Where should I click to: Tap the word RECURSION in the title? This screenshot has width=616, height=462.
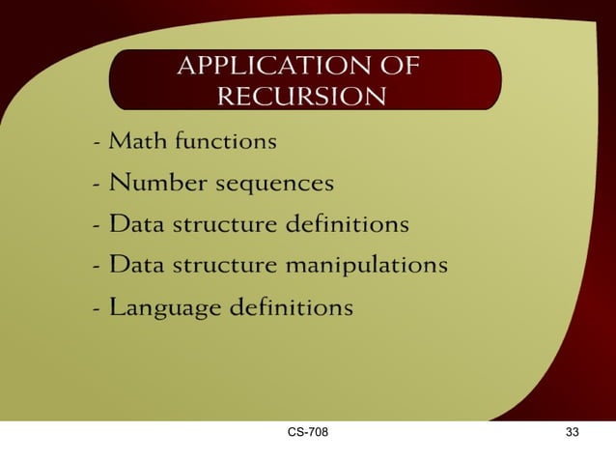tap(301, 97)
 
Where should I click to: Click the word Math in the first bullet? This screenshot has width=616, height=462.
tap(136, 142)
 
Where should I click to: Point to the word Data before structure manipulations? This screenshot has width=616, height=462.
tap(136, 264)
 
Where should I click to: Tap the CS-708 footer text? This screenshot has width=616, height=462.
tap(307, 432)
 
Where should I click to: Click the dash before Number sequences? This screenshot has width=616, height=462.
tap(98, 185)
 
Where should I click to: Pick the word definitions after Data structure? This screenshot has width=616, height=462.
tap(349, 225)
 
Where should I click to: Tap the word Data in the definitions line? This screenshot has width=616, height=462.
tap(136, 225)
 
